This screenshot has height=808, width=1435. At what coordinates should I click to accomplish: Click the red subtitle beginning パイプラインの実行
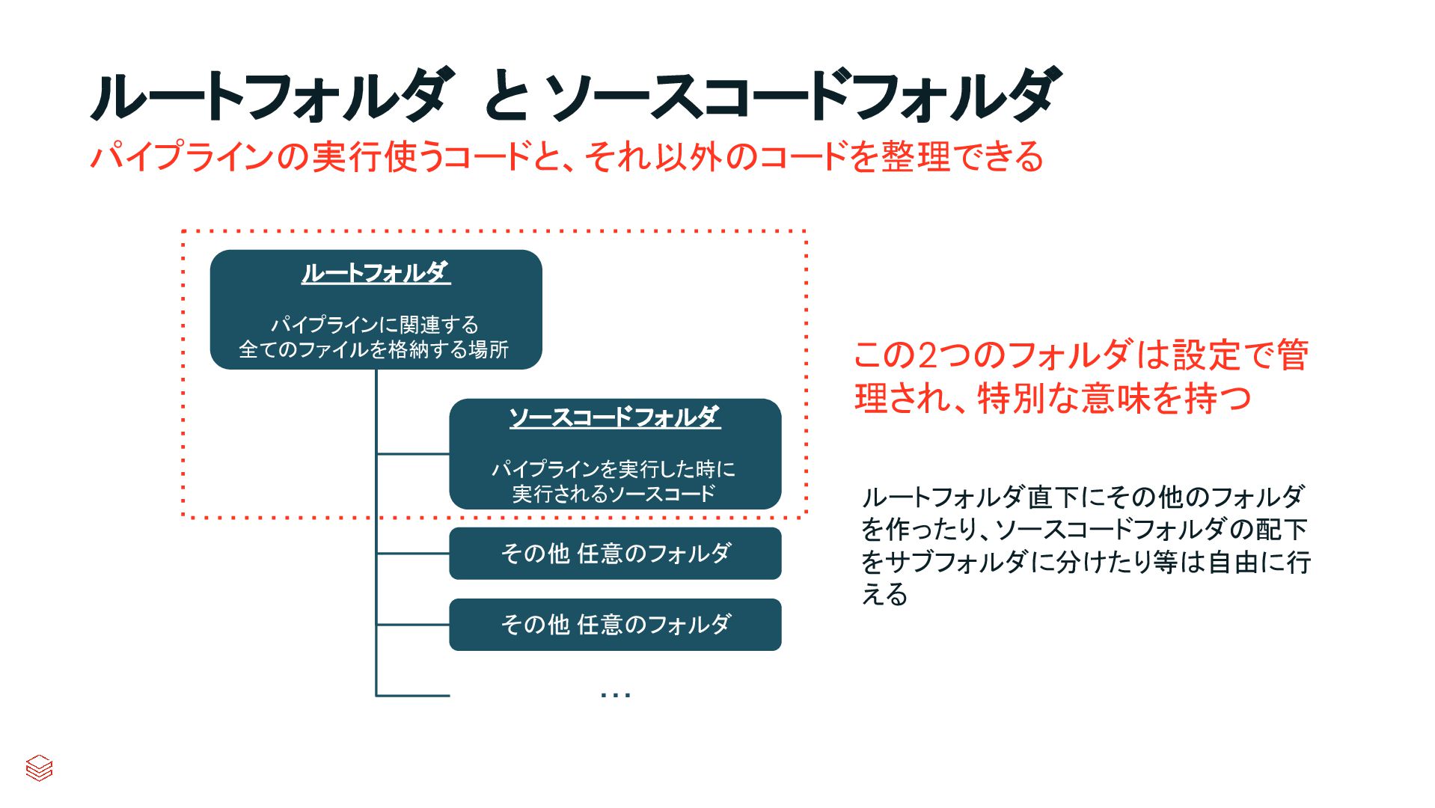click(x=566, y=157)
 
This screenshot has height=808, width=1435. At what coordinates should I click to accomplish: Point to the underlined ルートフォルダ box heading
click(x=376, y=272)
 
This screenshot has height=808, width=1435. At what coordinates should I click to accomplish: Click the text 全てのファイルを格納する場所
click(x=373, y=349)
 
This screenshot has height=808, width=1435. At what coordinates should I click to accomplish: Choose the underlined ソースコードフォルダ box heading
click(x=614, y=417)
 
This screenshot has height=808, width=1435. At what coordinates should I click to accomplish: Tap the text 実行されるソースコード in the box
click(x=614, y=494)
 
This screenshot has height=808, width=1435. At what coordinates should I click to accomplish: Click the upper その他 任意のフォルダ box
click(x=615, y=554)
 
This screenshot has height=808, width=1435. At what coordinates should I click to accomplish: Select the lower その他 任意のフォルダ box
click(x=615, y=625)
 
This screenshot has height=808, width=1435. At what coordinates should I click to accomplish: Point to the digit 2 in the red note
click(x=927, y=355)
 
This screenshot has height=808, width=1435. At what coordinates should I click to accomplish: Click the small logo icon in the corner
click(x=39, y=768)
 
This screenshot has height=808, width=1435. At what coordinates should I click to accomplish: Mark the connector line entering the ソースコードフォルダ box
click(x=413, y=453)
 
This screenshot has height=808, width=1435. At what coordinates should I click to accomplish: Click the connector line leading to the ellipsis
click(x=413, y=696)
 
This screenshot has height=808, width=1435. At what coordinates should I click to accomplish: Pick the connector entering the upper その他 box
click(x=413, y=554)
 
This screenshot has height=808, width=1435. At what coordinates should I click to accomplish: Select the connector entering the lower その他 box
click(x=413, y=625)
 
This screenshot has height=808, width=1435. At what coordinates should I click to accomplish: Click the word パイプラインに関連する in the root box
click(x=374, y=325)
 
